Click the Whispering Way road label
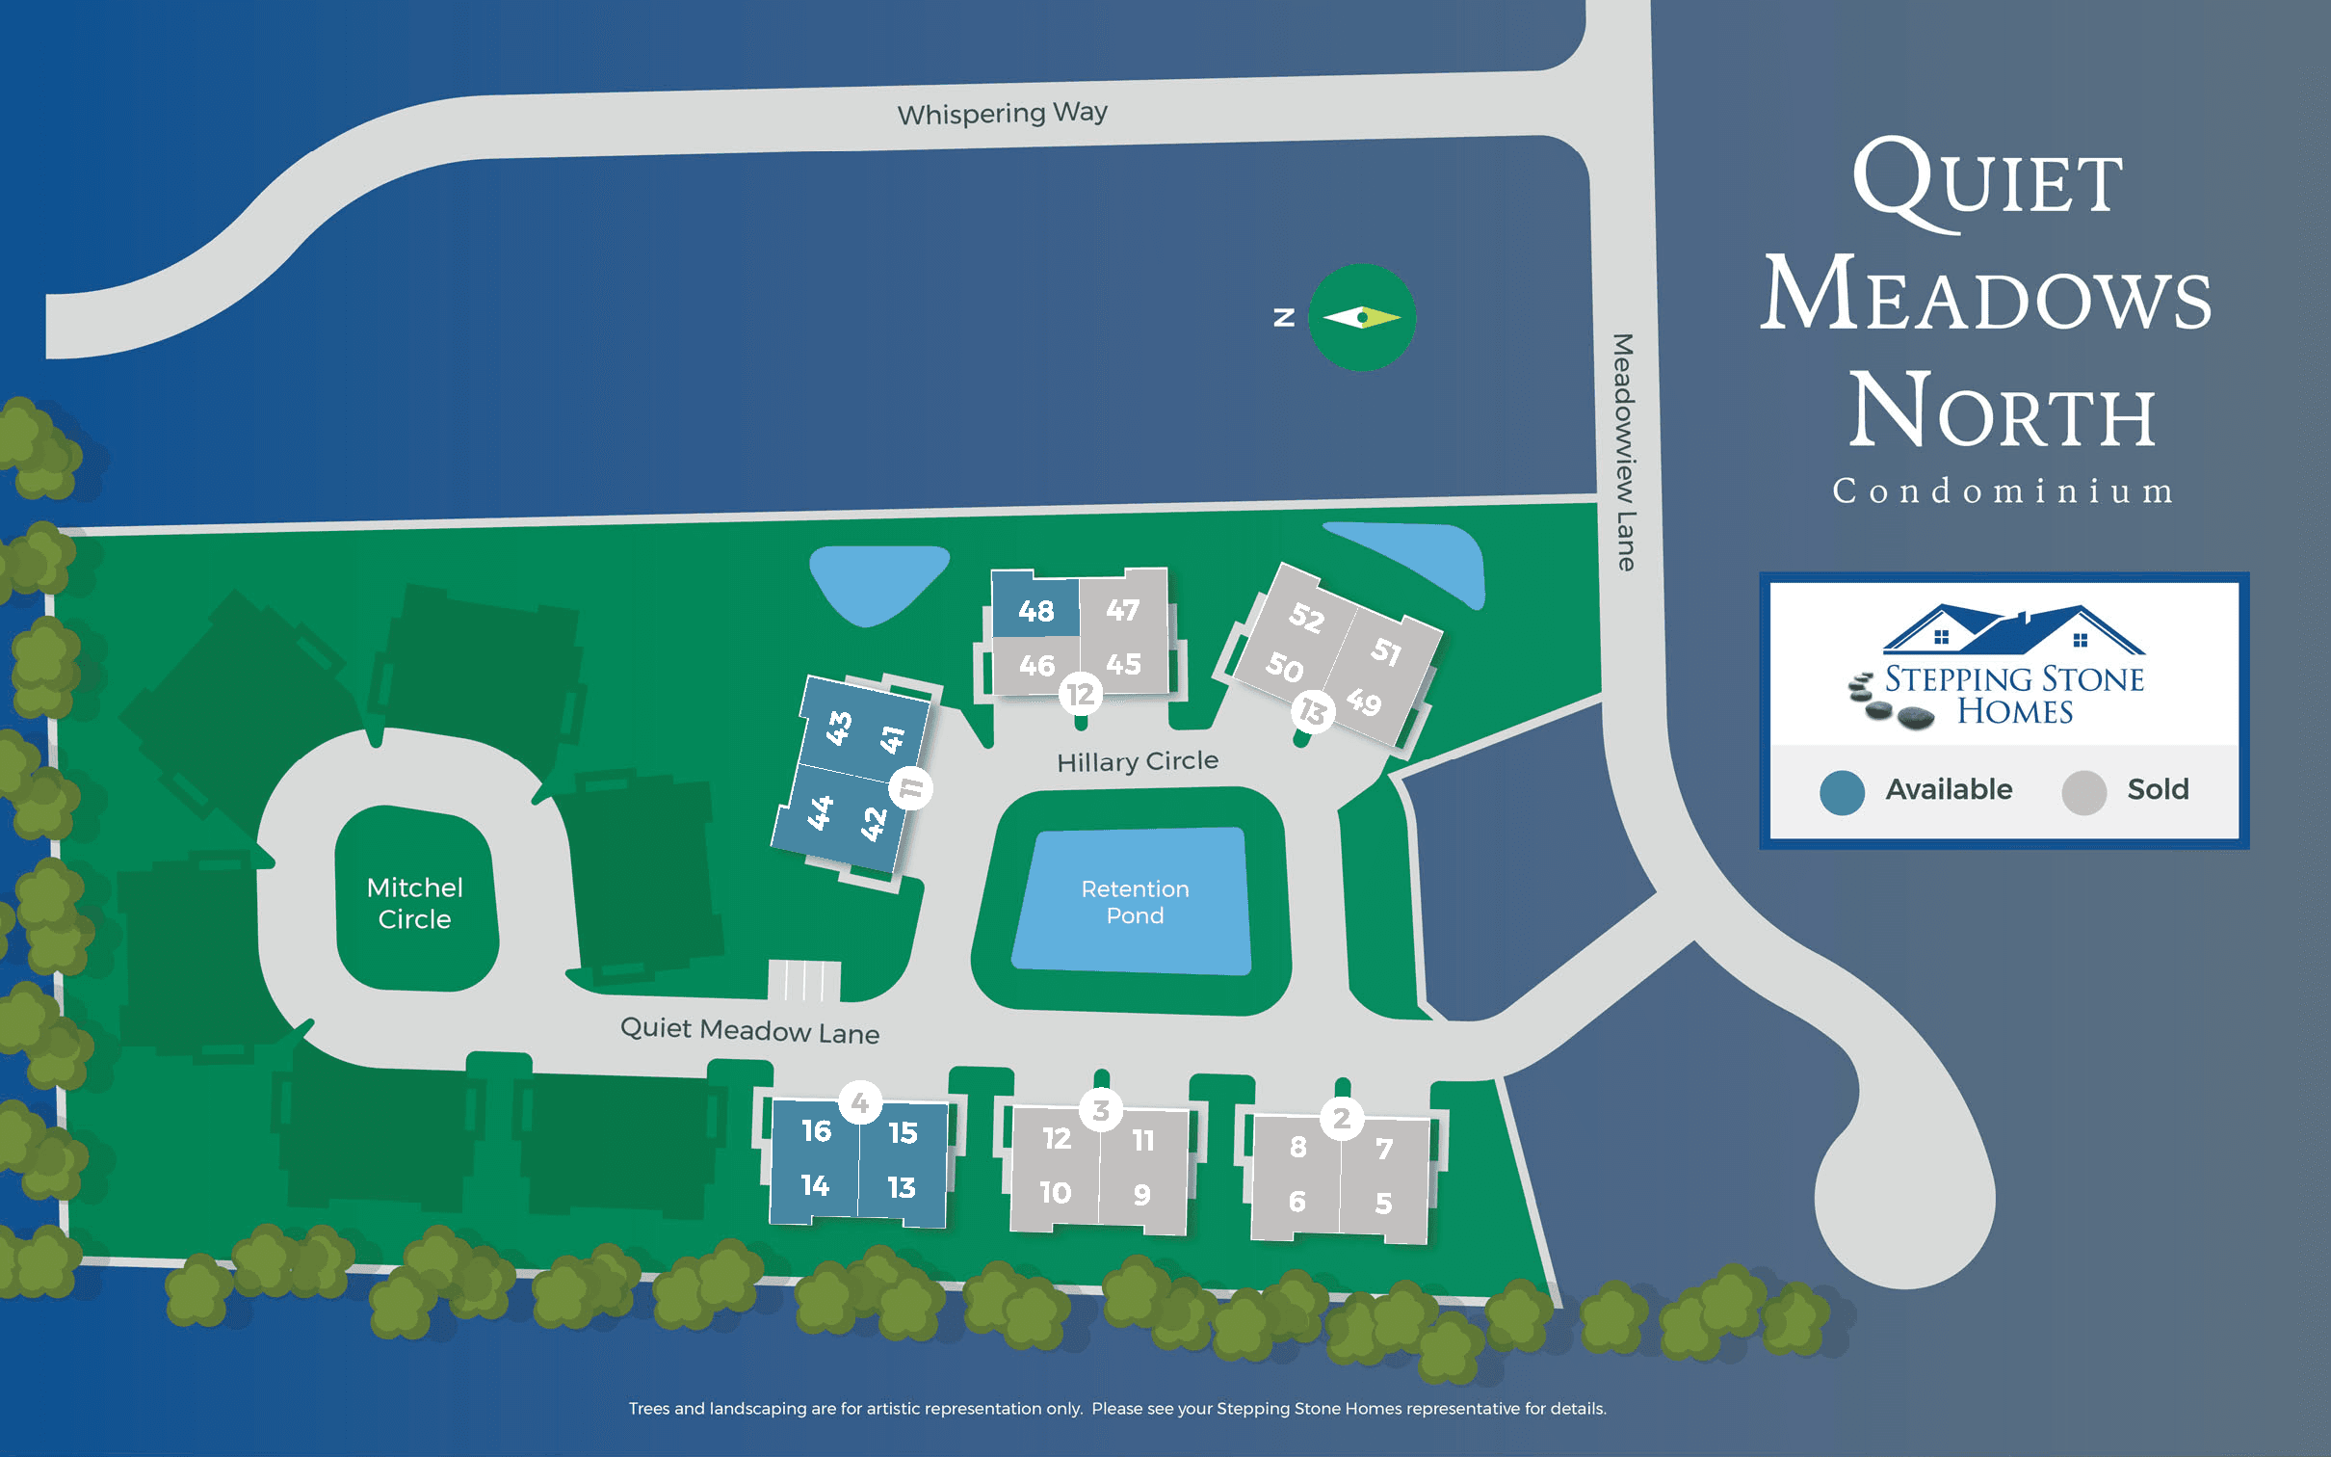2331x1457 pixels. click(x=1002, y=114)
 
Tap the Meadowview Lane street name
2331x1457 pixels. click(x=1624, y=452)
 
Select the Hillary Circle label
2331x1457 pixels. click(x=1137, y=761)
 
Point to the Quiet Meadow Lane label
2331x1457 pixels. click(x=749, y=1030)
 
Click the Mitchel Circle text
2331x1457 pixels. click(x=414, y=903)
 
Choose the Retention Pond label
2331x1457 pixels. click(x=1135, y=902)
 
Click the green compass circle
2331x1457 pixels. click(x=1361, y=317)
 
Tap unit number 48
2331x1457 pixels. click(x=1035, y=611)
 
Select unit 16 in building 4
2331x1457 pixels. click(x=816, y=1130)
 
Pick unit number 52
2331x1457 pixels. click(x=1306, y=617)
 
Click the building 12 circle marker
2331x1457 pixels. click(x=1080, y=694)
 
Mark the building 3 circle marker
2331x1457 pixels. click(x=1101, y=1110)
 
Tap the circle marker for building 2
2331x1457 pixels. click(x=1341, y=1119)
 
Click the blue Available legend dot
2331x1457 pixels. click(x=1842, y=792)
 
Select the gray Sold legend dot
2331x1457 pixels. click(x=2083, y=792)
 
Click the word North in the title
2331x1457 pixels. click(x=2002, y=411)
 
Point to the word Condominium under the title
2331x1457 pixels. click(x=2003, y=491)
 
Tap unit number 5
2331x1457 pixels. click(x=1383, y=1203)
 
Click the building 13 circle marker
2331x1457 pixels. click(x=1312, y=711)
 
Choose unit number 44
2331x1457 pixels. click(x=820, y=812)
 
